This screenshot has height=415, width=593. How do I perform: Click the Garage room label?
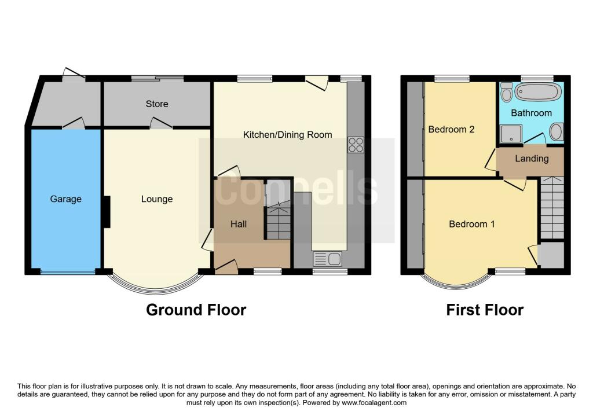point(66,199)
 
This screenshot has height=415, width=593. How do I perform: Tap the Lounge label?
point(157,199)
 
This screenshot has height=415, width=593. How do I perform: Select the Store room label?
point(157,104)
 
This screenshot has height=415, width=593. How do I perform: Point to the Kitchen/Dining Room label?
point(287,135)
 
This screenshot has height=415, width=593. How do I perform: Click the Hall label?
point(239,224)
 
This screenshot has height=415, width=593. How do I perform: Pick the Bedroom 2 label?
point(451,129)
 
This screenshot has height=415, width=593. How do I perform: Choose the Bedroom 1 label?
point(471,224)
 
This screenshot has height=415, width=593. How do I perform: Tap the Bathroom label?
point(532,113)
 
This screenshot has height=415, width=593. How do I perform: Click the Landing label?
point(532,159)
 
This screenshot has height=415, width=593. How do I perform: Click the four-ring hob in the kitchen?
point(356,145)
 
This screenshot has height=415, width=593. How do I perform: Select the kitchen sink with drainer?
point(328,259)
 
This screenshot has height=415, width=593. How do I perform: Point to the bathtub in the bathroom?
point(537,92)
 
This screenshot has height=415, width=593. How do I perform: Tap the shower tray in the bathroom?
point(511,134)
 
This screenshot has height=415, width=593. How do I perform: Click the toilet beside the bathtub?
point(506,92)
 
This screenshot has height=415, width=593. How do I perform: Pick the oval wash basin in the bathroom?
point(555,133)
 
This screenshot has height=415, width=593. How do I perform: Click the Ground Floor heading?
point(196,310)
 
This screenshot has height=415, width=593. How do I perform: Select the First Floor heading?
point(485,310)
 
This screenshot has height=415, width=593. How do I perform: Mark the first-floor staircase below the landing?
point(552,207)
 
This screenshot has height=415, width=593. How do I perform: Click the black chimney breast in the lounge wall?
point(107,212)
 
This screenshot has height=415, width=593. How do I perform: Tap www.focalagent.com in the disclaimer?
point(374,403)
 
